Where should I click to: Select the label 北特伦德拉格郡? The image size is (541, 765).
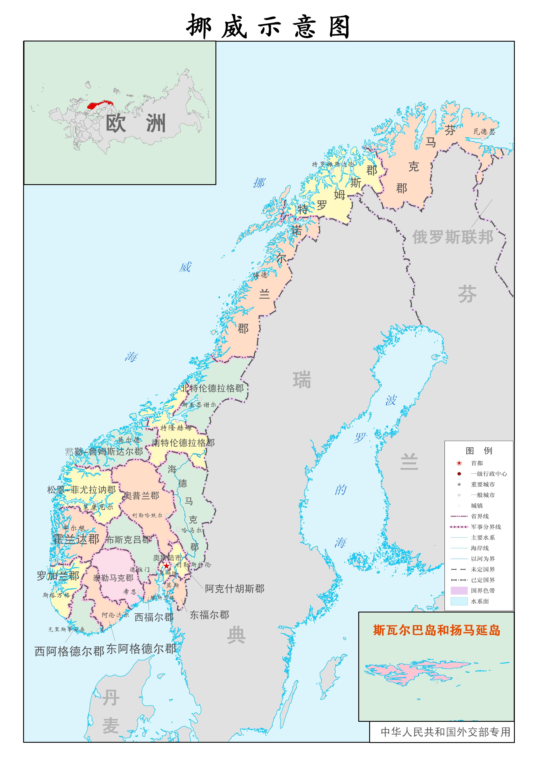(212, 388)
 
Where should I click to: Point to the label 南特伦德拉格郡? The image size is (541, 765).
(183, 443)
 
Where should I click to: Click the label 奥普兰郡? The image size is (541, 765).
(141, 496)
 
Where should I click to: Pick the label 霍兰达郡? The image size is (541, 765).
(76, 539)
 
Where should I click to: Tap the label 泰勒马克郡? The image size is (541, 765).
(113, 578)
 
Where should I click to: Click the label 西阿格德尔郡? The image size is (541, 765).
(69, 651)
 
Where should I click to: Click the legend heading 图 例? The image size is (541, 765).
(479, 451)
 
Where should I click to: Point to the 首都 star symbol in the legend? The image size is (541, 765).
(459, 463)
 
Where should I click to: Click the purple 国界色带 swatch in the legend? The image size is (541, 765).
(459, 591)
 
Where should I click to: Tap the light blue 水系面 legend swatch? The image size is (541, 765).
(459, 601)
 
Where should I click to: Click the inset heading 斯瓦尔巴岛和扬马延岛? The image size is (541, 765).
(436, 630)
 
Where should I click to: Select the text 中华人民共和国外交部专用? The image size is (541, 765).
(445, 732)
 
